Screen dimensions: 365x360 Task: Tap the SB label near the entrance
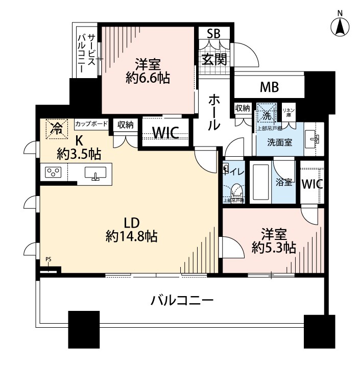coord(213,34)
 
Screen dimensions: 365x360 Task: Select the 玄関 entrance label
coord(214,59)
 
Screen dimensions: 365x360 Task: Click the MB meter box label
coord(269,87)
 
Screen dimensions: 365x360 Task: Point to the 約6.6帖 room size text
coord(148,78)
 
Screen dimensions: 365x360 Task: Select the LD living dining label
coord(131,223)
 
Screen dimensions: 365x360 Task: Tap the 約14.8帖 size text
coord(131,236)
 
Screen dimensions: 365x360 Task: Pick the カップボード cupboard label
coord(91,124)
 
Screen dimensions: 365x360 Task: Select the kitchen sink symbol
coord(95,174)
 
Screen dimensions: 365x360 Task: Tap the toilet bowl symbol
coord(236,190)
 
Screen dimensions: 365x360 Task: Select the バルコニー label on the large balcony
coord(181,300)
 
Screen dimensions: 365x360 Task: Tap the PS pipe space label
coord(49,260)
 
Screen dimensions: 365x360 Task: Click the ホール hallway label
coord(214,112)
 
